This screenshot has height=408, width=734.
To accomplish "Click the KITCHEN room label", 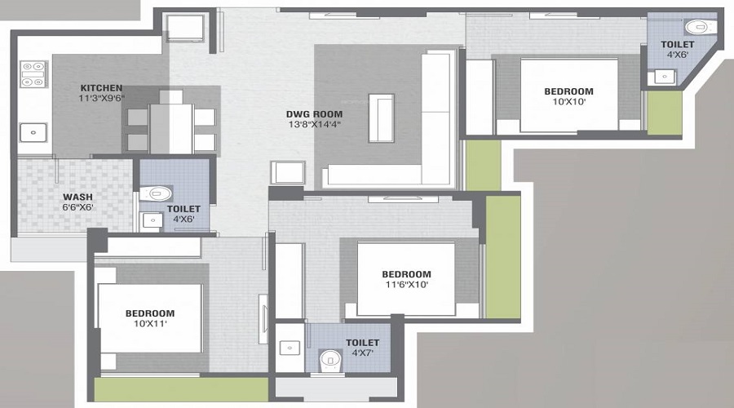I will (101, 88).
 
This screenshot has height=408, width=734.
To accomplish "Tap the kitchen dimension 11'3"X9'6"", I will (101, 99).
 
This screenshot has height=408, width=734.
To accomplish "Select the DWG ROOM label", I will (314, 114).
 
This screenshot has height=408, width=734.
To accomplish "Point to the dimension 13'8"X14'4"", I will (314, 125).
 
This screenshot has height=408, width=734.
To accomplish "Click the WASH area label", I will (78, 197).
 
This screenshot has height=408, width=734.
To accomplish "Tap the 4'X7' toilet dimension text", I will (361, 353).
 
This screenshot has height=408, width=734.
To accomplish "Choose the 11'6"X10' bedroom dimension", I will (405, 285).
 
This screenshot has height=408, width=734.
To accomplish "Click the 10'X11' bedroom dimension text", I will (149, 324).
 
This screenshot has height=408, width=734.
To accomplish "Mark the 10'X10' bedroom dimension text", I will (568, 102).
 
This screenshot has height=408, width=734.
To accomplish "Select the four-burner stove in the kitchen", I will (34, 73).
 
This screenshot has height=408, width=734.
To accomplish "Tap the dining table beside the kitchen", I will (170, 122).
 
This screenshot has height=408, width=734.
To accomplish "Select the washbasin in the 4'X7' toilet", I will (290, 348).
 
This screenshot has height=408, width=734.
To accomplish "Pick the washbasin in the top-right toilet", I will (663, 78).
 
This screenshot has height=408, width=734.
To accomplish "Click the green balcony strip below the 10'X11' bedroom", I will (181, 389).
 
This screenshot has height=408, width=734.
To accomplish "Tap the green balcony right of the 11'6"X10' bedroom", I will (502, 257).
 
